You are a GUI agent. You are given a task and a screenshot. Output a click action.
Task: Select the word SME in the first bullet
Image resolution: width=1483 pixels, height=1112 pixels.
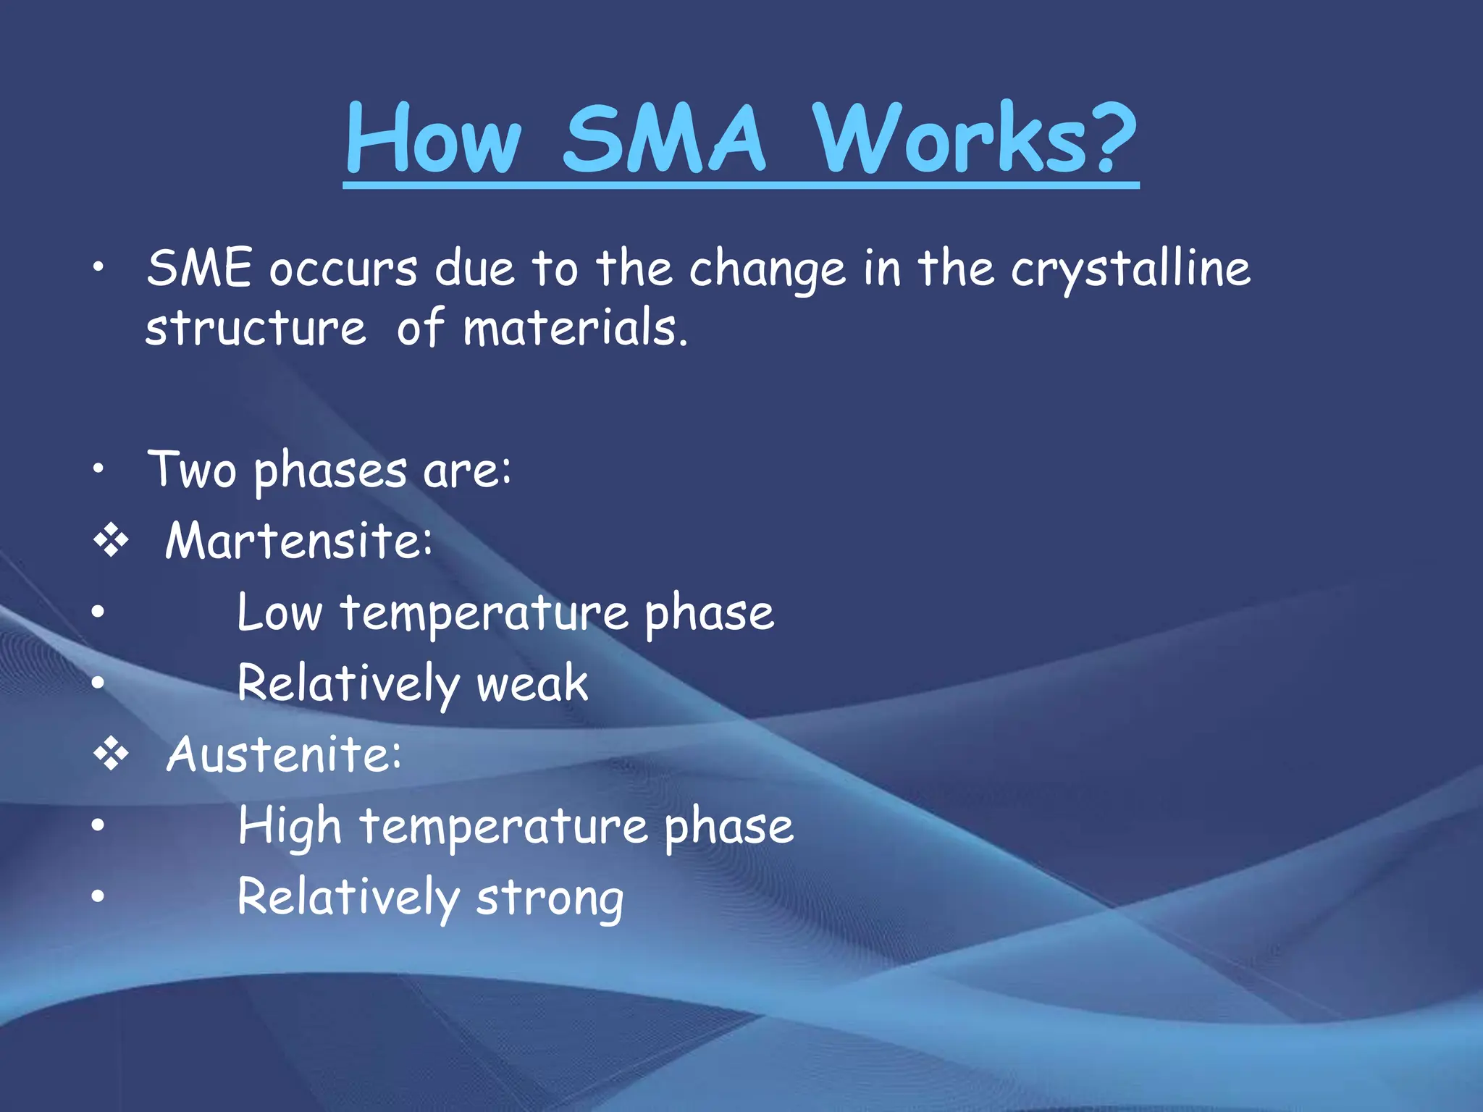(x=199, y=268)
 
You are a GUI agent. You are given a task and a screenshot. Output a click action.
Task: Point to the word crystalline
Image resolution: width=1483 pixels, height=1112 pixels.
(x=1130, y=269)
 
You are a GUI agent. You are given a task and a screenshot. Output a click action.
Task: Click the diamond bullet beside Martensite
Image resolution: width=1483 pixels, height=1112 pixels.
(x=111, y=541)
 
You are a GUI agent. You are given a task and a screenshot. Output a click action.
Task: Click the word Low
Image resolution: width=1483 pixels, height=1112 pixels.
(x=279, y=612)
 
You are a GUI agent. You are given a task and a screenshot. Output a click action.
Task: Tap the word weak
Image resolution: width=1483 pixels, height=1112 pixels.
(x=532, y=683)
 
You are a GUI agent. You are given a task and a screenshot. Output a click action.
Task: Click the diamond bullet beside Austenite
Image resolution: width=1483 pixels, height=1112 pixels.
(x=111, y=754)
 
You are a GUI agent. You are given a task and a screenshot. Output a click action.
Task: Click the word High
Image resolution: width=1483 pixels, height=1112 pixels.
(x=290, y=827)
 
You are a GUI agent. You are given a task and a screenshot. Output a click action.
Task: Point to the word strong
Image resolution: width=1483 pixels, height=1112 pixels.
(x=550, y=898)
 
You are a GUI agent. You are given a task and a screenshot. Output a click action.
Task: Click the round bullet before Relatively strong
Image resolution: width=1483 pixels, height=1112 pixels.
(x=98, y=896)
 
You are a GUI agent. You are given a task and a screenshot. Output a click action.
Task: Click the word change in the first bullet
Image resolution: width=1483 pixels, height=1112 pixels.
(x=767, y=269)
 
